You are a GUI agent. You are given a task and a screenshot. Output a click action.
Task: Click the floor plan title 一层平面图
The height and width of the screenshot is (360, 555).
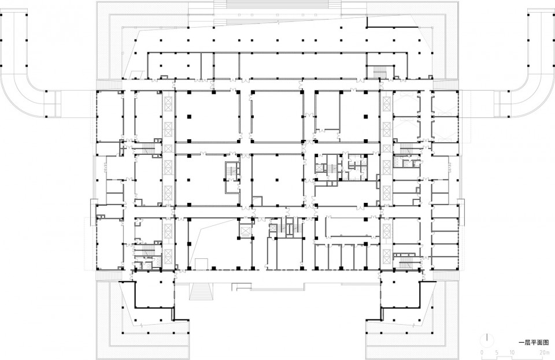pyautogui.click(x=534, y=343)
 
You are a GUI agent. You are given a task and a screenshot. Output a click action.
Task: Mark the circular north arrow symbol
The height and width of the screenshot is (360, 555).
pyautogui.click(x=487, y=340)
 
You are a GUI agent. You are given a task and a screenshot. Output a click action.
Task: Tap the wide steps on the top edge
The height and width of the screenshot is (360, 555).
pyautogui.click(x=278, y=5)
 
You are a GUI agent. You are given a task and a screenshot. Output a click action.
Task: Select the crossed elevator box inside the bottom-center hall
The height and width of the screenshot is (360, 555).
pyautogui.click(x=244, y=231)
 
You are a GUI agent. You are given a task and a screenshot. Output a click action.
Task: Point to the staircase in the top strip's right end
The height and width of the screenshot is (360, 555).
pyautogui.click(x=380, y=72)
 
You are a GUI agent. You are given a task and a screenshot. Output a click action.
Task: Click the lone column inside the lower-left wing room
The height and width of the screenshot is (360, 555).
pyautogui.click(x=161, y=283)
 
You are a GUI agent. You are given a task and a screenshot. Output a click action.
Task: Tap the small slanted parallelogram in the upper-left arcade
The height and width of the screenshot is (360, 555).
pyautogui.click(x=137, y=75)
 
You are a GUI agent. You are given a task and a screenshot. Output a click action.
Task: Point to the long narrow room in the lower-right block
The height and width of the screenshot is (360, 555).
pyautogui.click(x=348, y=226)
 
